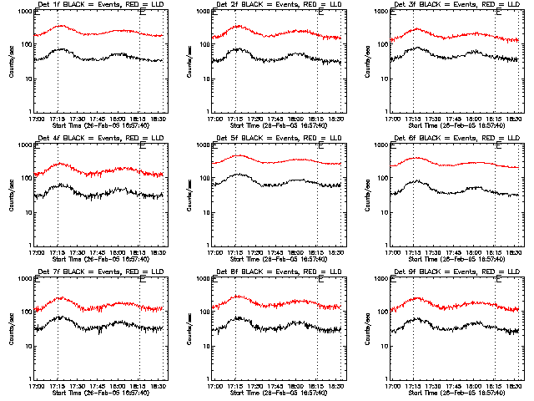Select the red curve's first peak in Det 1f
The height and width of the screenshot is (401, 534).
[61, 25]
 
